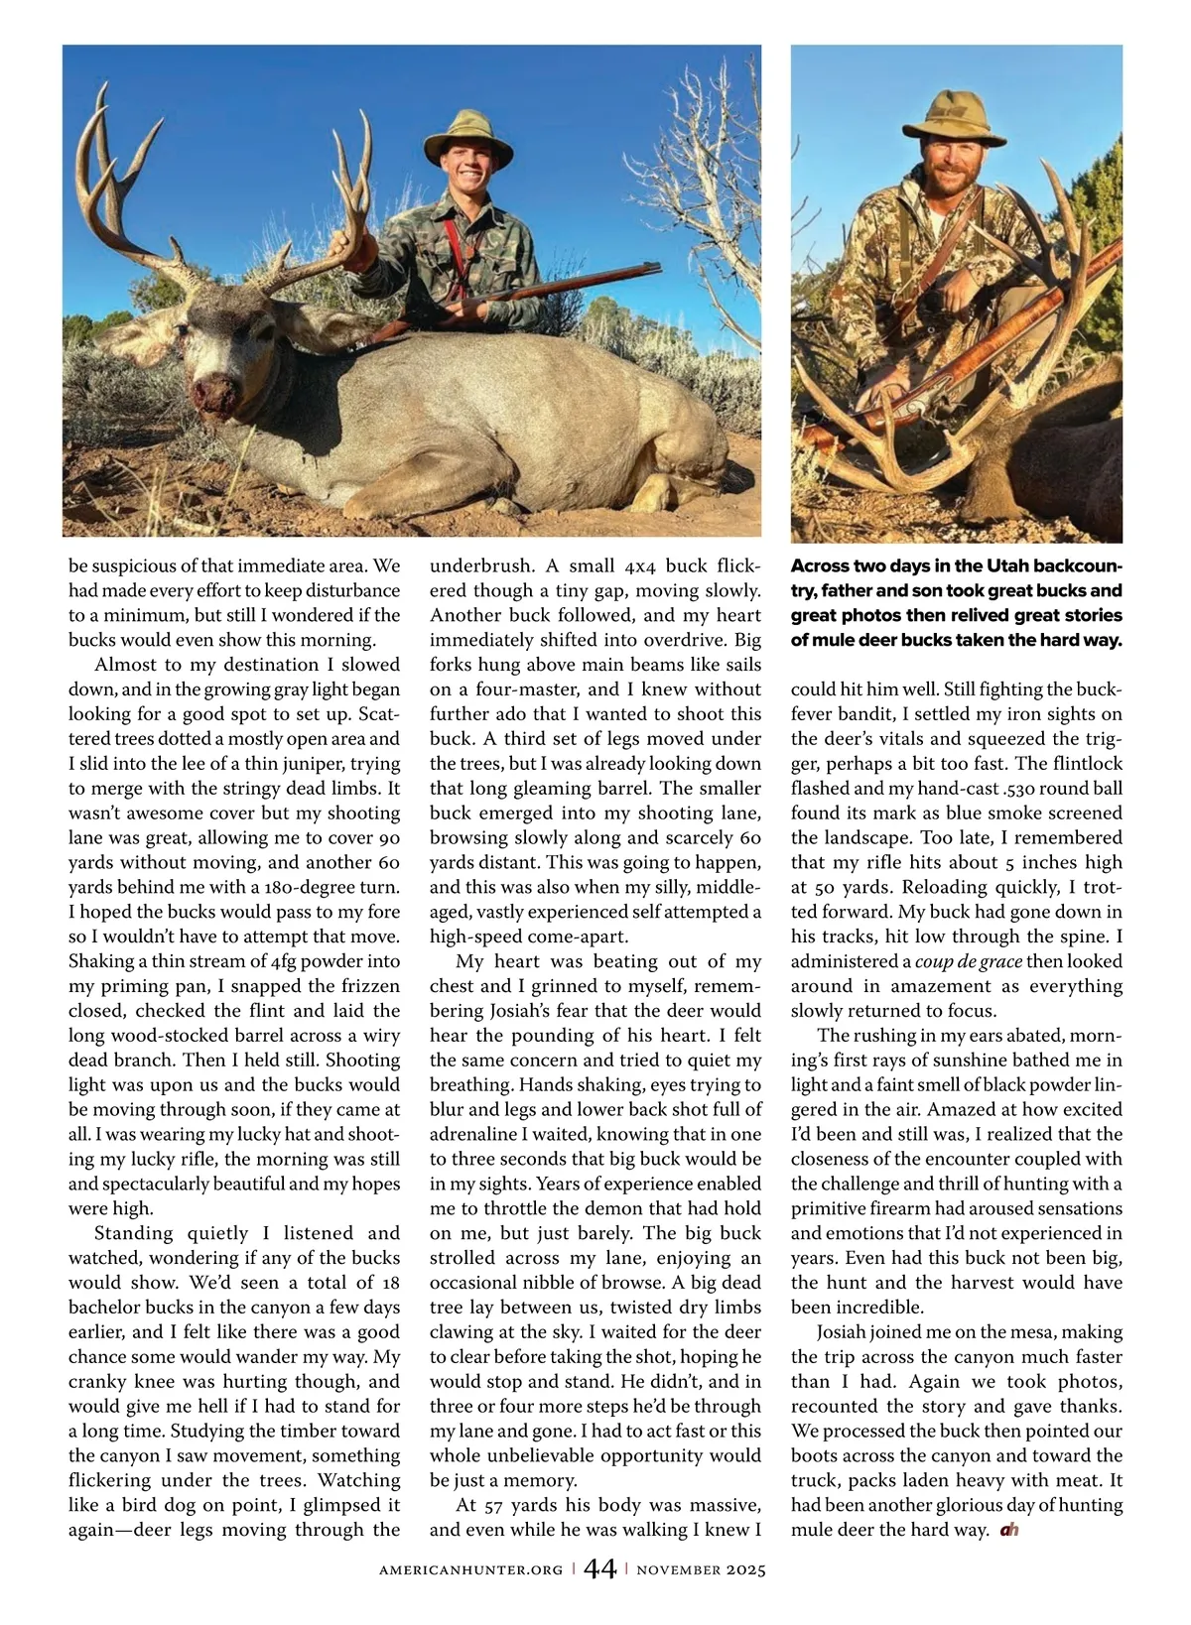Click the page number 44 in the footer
(599, 1569)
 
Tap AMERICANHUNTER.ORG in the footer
(470, 1570)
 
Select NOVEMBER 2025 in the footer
(701, 1570)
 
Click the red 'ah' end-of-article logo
(1009, 1530)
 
